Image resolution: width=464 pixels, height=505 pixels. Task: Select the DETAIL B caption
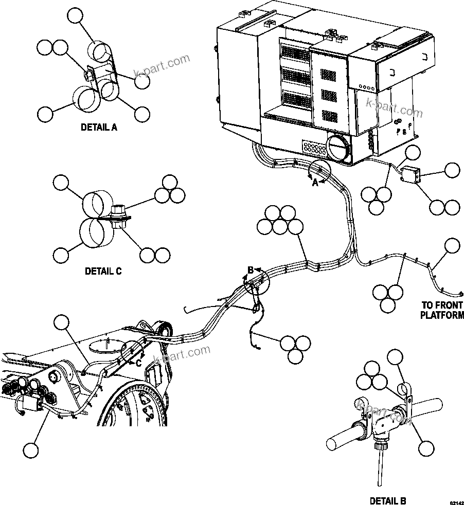pos(388,500)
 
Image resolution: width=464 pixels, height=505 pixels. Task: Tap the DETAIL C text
pos(103,271)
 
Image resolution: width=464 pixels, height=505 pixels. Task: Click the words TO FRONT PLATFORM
pos(442,310)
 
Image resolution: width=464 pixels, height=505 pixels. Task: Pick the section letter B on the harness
pos(251,270)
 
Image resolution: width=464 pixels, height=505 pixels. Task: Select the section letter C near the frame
pos(137,362)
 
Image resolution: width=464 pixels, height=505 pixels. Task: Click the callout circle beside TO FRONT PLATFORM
pos(452,246)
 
